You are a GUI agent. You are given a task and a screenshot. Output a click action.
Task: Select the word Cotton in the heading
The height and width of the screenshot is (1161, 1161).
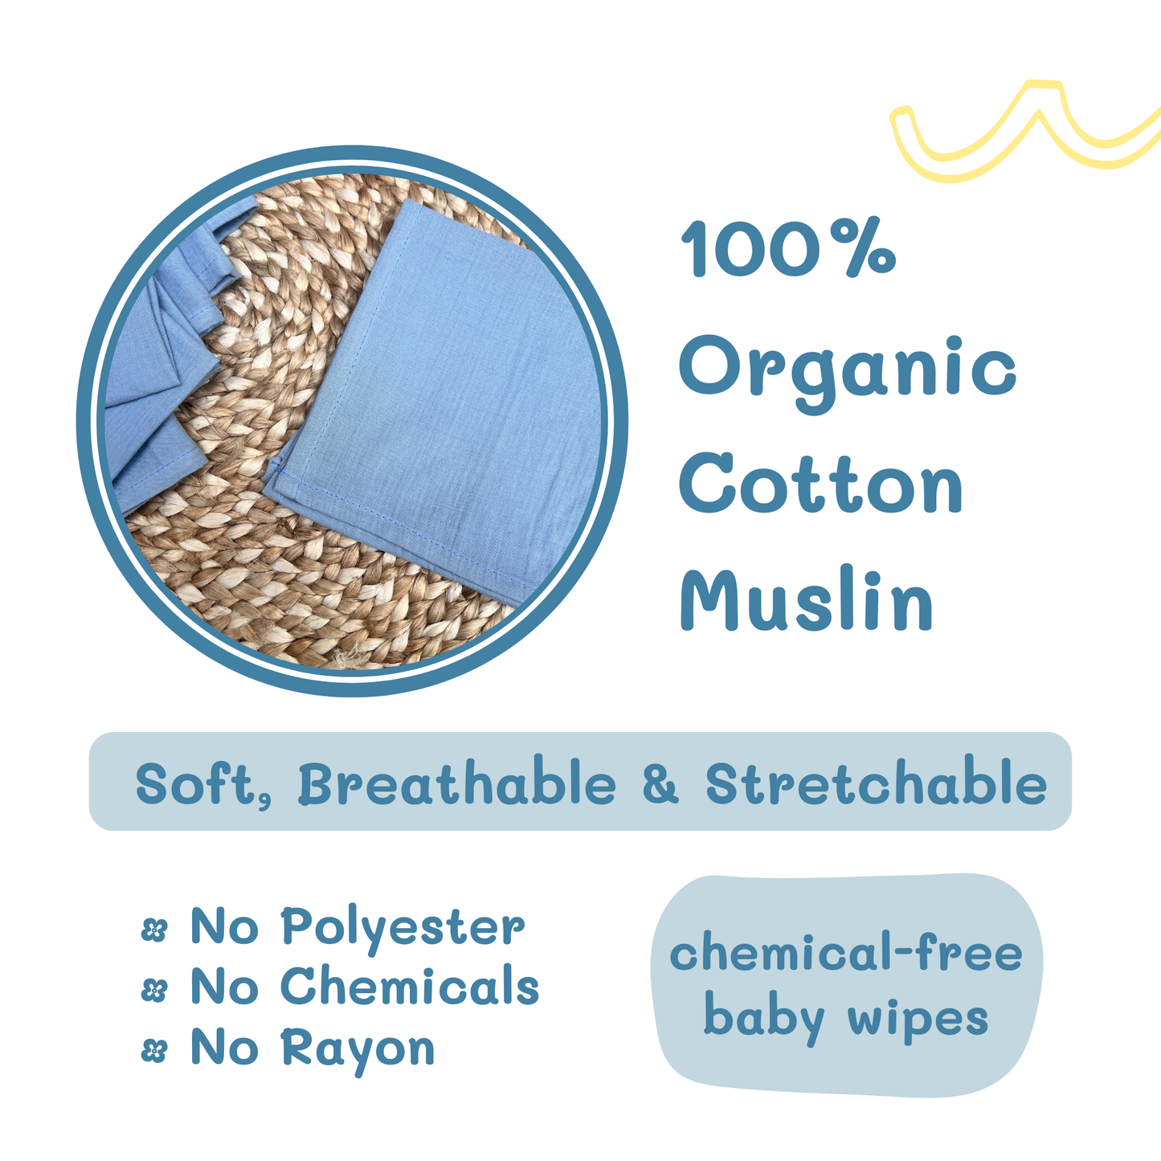[x=821, y=485]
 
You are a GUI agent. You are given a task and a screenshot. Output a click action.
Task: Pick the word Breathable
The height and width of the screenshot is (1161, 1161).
[x=457, y=783]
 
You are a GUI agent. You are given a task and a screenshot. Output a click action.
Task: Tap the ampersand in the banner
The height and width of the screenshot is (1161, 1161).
[x=660, y=784]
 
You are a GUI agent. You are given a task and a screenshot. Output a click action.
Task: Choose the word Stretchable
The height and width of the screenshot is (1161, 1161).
[x=877, y=783]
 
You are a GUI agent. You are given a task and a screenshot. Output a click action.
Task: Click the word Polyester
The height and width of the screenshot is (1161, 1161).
[x=403, y=929]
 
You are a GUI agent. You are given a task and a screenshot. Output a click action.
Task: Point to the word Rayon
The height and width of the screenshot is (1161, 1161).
[x=358, y=1049]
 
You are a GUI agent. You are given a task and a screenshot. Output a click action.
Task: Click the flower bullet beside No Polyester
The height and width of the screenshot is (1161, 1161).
[x=153, y=930]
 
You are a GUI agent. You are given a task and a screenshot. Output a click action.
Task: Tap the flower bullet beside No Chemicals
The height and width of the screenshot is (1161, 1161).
[x=153, y=991]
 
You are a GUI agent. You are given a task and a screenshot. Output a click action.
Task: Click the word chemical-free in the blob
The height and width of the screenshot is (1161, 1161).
[x=845, y=955]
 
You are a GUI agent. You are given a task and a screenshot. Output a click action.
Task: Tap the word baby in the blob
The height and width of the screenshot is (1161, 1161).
[x=763, y=1019]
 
